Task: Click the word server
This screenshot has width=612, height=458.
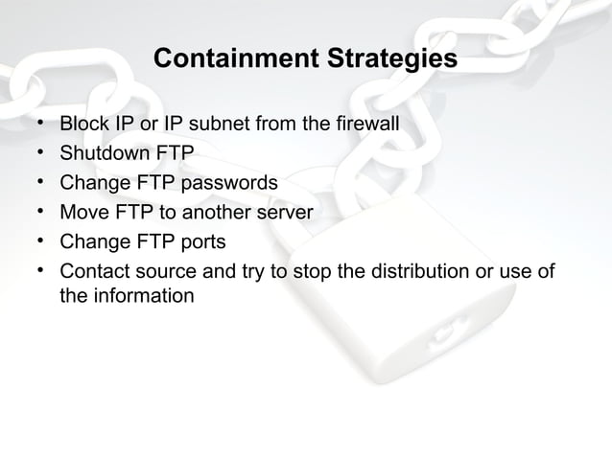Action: (x=284, y=211)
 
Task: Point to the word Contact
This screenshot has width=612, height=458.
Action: (x=94, y=270)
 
